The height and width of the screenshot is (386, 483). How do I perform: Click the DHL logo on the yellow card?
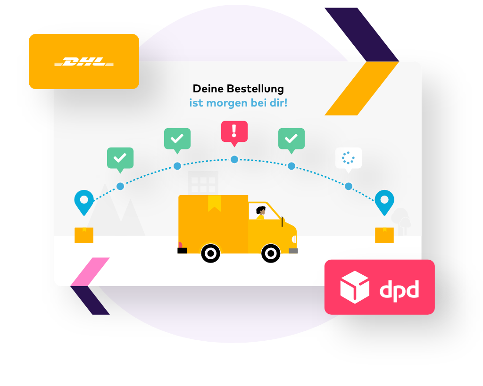coord(84,62)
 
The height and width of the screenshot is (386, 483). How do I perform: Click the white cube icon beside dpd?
coord(355,287)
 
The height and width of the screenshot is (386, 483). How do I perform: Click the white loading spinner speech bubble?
coord(349,158)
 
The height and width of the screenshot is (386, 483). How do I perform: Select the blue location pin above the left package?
coord(84,201)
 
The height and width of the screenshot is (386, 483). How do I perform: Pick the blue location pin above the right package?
coord(384,201)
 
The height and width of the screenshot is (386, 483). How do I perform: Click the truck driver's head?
coord(261,211)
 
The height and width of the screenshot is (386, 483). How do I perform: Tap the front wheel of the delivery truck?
coord(271,254)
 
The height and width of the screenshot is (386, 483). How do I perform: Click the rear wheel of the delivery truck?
coord(211,254)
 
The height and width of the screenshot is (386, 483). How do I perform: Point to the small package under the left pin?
coord(84,235)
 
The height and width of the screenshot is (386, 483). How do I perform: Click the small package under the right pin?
coord(384,235)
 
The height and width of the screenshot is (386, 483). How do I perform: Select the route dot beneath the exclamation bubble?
coord(234,159)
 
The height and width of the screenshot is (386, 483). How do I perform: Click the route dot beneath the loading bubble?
coord(349,186)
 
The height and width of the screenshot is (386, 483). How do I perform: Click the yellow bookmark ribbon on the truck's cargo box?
coord(214,203)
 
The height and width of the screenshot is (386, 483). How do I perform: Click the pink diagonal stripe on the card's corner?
coord(90,271)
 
